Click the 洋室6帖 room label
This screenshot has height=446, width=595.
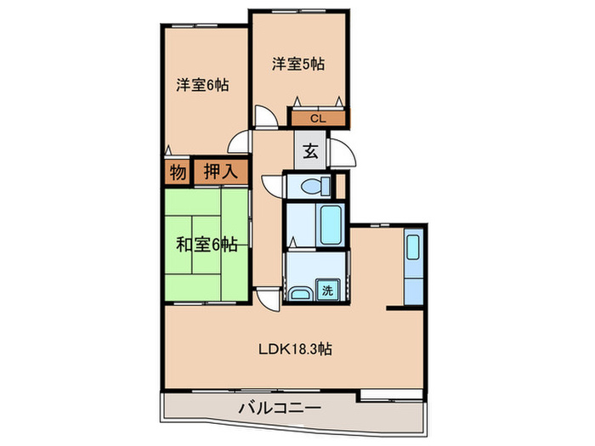point(202,85)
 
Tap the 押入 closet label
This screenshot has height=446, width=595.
point(220,172)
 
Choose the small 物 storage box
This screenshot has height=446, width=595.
point(177,172)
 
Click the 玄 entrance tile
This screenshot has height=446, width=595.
point(311,153)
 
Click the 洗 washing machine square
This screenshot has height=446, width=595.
point(327,290)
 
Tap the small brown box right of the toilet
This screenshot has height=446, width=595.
point(337,184)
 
